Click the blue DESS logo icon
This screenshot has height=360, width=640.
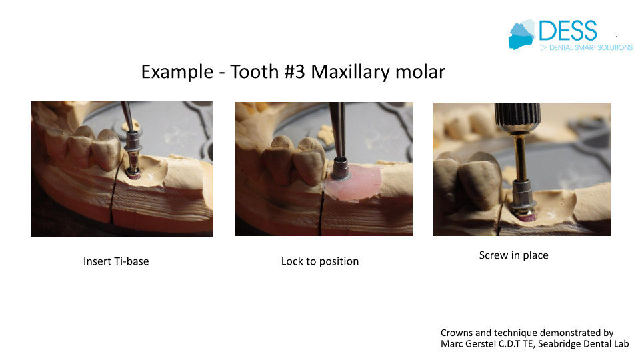click(x=521, y=35)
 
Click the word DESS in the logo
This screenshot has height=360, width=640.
click(x=568, y=31)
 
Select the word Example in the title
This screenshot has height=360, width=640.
click(x=177, y=72)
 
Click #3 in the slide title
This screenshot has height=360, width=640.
click(x=294, y=71)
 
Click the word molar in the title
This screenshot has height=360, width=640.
click(x=421, y=72)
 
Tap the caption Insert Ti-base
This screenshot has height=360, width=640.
click(x=116, y=261)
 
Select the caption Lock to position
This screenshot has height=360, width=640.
click(x=320, y=261)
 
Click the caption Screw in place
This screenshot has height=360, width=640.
click(x=513, y=255)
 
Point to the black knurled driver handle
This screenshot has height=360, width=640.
click(x=517, y=113)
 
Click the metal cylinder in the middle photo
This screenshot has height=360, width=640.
click(x=341, y=169)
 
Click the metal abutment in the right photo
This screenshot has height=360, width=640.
click(x=522, y=196)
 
